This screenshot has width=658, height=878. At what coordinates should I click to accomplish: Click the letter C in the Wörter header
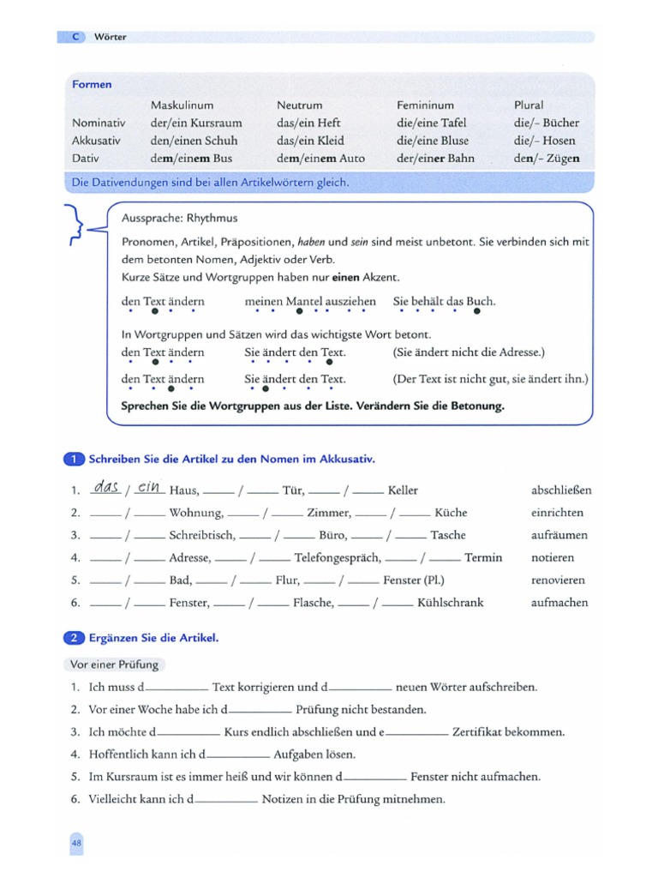(75, 37)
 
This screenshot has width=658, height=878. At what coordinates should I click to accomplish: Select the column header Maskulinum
(182, 105)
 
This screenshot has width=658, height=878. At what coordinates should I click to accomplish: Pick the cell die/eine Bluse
(432, 141)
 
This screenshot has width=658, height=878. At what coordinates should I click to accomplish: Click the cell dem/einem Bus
(191, 159)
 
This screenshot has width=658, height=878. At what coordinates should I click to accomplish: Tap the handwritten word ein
(149, 487)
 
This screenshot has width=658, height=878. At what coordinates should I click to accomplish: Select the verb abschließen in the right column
(561, 490)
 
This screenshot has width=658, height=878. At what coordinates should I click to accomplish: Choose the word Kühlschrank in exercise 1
(450, 603)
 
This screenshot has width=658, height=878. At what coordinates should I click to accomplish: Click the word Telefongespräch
(335, 557)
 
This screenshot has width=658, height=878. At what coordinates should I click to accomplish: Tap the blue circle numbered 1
(75, 459)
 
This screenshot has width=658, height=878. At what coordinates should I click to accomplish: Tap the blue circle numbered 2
(75, 637)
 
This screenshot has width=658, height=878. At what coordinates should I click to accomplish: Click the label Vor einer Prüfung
(111, 665)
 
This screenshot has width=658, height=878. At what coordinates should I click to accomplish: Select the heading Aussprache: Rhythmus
(180, 218)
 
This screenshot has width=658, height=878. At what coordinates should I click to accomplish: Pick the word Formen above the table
(92, 85)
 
